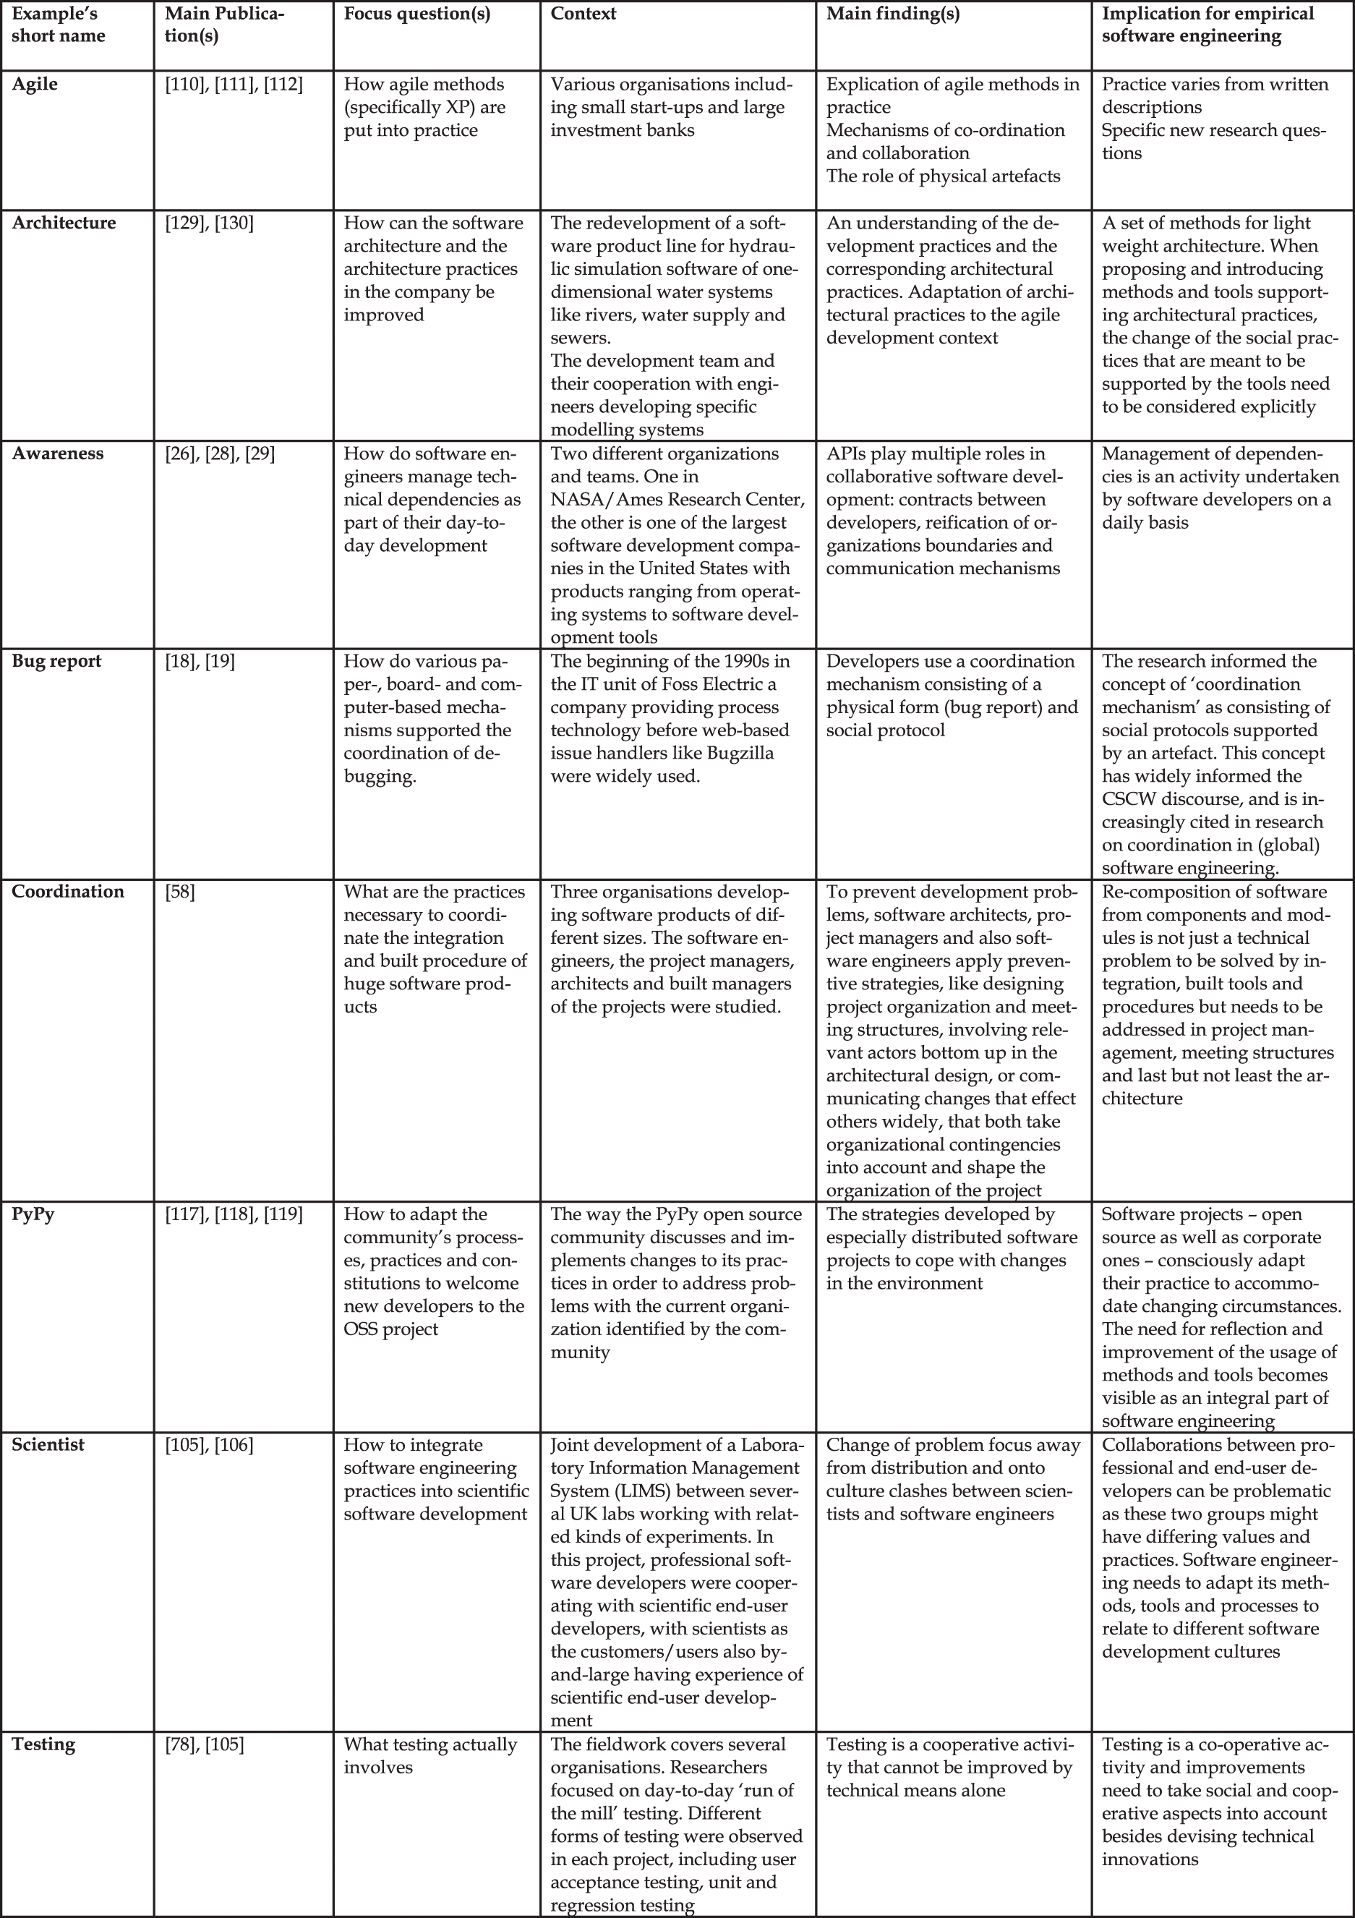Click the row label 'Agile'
(x=35, y=85)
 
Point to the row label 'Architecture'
(x=64, y=223)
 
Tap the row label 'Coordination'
(x=68, y=891)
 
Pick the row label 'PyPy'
(x=33, y=1214)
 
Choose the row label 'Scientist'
(x=48, y=1445)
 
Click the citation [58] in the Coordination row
(x=181, y=891)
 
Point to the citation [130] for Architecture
(x=234, y=223)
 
